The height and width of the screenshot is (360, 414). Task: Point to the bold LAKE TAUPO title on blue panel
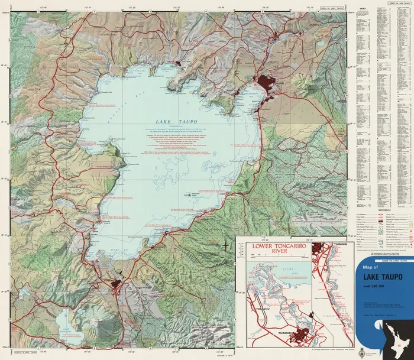[376, 280]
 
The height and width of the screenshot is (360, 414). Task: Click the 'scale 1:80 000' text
[373, 288]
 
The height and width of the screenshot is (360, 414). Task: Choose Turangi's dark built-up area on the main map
[118, 286]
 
